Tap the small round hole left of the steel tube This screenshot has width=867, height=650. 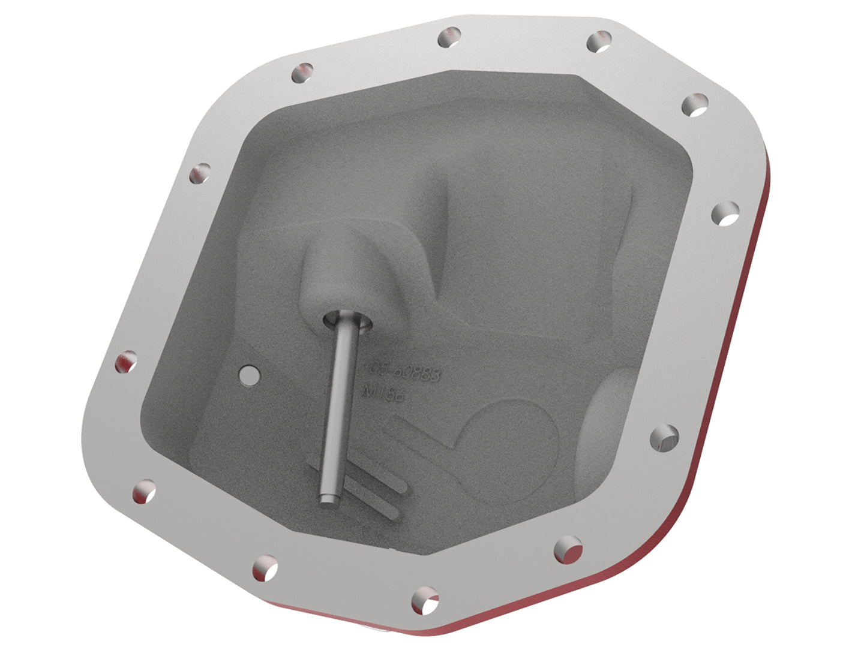pyautogui.click(x=248, y=374)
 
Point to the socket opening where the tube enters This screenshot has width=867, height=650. pyautogui.click(x=347, y=323)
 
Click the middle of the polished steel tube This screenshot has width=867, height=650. pyautogui.click(x=338, y=408)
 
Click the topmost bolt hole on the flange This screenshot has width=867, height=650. pyautogui.click(x=449, y=38)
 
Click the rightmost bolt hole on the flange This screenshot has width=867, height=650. pyautogui.click(x=725, y=213)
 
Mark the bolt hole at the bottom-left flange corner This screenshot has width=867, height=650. pyautogui.click(x=144, y=492)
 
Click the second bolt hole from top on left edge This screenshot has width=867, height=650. pyautogui.click(x=200, y=173)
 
